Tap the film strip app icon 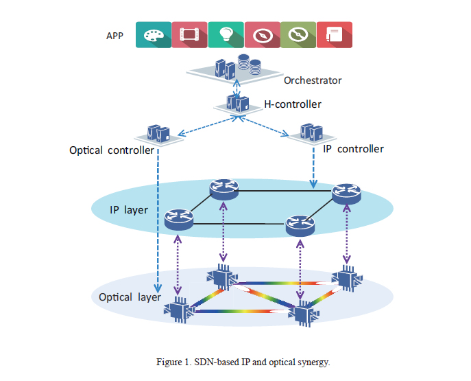pos(189,34)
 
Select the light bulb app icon pos(226,34)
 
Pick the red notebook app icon pos(334,34)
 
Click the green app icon pos(298,34)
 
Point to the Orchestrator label pos(313,80)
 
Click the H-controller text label pos(293,105)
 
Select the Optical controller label pos(112,150)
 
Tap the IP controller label pos(353,149)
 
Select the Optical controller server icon pos(160,132)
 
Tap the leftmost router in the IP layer pos(180,220)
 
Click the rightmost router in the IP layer pos(346,193)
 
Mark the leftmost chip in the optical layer pos(180,311)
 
